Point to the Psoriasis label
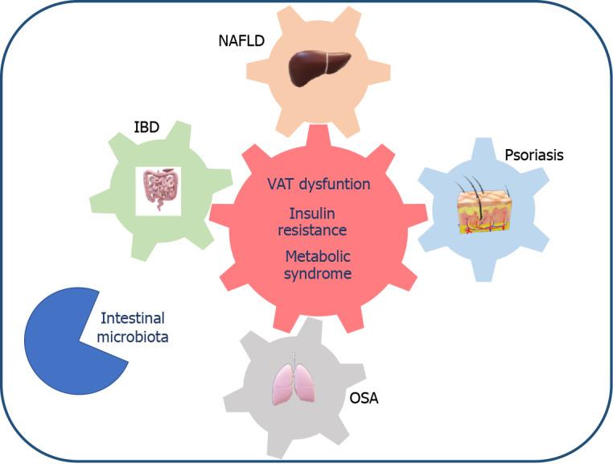(x=533, y=155)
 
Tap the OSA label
(x=364, y=398)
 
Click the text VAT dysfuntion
(x=319, y=184)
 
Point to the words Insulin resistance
(x=318, y=222)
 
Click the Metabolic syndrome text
(x=318, y=265)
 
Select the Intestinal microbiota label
(x=133, y=328)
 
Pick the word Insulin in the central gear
(x=311, y=213)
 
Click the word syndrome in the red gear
(x=319, y=274)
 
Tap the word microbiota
(x=133, y=338)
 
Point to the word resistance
(x=318, y=230)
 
